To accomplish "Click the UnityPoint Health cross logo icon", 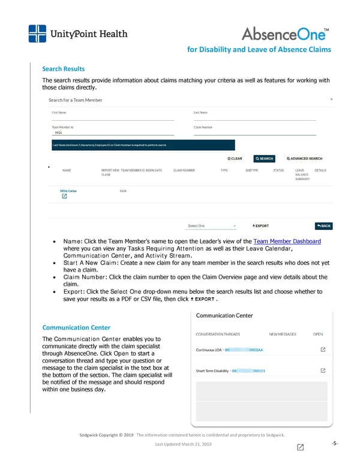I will tap(37, 34).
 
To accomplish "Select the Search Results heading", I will tap(63, 69).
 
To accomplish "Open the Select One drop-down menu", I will tap(211, 226).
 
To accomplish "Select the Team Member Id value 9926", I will tap(58, 133).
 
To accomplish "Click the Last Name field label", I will tap(200, 112).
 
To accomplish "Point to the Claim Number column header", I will tap(184, 170).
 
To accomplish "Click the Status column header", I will tap(278, 170).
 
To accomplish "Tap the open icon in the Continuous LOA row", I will tap(323, 349).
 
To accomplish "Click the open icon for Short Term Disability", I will tap(323, 371).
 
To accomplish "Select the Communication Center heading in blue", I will tap(76, 327).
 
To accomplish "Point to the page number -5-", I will tap(335, 444).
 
